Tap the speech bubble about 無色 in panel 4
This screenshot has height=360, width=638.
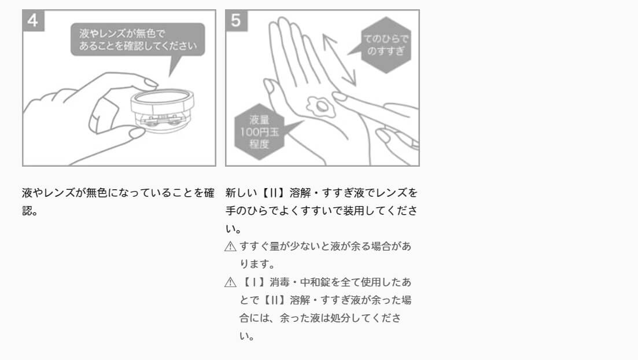[138, 39]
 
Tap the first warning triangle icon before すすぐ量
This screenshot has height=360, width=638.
[230, 247]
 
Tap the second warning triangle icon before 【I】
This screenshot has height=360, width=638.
[230, 282]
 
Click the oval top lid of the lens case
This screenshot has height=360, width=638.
[163, 95]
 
